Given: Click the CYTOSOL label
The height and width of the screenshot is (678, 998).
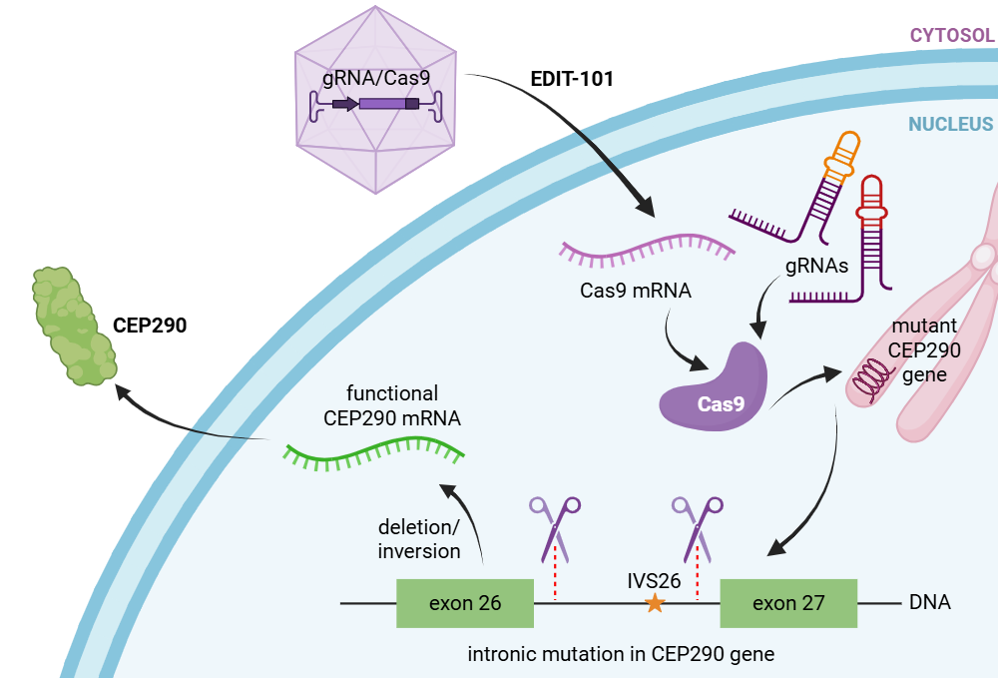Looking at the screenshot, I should (x=951, y=36).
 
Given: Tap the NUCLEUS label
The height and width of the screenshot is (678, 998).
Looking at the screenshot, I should (x=950, y=125).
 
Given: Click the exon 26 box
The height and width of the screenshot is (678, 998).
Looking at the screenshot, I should (x=464, y=603).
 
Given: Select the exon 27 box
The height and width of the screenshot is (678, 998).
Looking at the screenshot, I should (x=788, y=603).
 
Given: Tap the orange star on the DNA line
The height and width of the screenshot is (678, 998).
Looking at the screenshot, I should (x=655, y=602).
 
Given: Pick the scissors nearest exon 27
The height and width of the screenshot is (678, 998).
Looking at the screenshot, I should (x=699, y=527).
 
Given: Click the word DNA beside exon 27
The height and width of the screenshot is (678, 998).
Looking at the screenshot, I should (x=929, y=603).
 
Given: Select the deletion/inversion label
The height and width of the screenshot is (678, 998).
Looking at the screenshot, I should (x=419, y=538).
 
